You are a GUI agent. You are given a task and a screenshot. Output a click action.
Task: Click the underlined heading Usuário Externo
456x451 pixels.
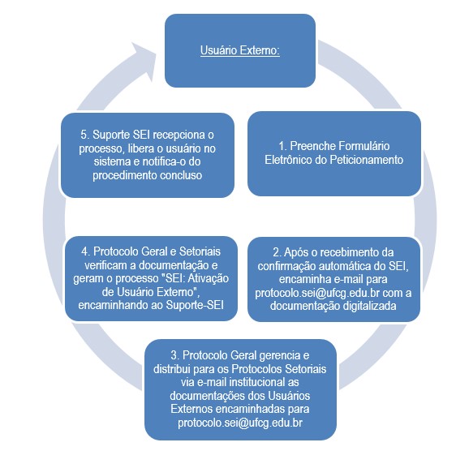tap(240, 50)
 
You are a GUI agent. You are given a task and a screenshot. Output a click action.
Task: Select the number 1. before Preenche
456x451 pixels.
tap(282, 146)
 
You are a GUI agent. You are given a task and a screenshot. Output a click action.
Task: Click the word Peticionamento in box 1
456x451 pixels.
tap(367, 160)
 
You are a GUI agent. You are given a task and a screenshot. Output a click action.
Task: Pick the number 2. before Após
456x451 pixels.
tap(277, 252)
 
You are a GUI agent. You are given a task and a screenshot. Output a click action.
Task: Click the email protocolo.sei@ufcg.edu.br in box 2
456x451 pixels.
tap(317, 293)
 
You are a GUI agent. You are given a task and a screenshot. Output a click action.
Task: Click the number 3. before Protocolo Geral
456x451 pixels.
tap(175, 355)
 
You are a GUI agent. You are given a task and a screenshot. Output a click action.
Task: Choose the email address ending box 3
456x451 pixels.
tap(240, 423)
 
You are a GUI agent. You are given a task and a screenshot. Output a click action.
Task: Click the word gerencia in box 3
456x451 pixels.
tap(280, 355)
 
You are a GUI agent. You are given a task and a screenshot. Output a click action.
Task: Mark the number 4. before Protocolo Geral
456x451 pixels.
tap(86, 251)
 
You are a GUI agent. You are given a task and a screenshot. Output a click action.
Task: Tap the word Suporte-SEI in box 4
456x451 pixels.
tap(195, 305)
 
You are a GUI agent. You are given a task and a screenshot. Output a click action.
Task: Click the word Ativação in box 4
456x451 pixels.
tap(209, 278)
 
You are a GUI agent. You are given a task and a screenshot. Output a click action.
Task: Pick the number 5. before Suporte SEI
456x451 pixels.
tap(85, 135)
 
